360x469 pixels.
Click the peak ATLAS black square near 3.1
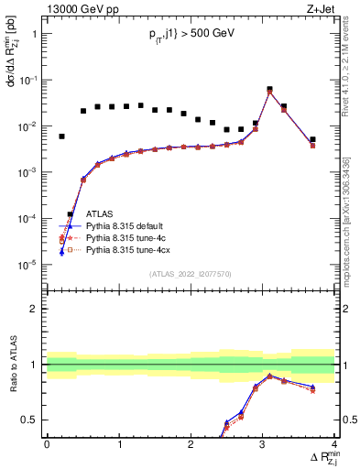coord(269,90)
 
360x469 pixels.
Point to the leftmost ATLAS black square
coord(61,136)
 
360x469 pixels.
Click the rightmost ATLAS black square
coord(312,140)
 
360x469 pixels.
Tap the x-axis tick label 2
coord(191,444)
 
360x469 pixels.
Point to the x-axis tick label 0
coord(47,444)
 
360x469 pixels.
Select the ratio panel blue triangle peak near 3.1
coord(269,376)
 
